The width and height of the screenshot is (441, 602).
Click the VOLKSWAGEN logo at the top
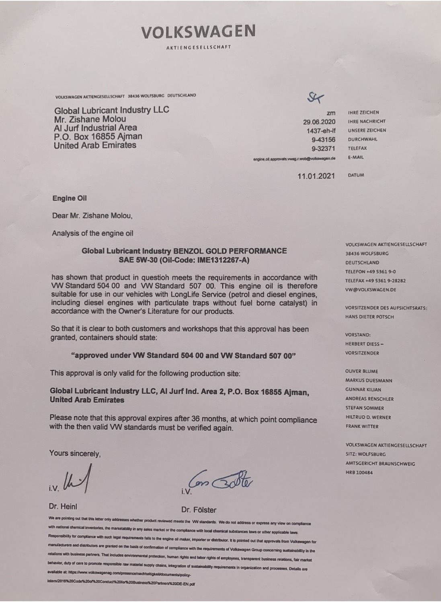[x=198, y=31]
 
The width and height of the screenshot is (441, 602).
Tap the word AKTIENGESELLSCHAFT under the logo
[x=198, y=47]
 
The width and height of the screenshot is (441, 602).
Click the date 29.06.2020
[x=319, y=122]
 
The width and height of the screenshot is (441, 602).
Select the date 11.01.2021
[x=316, y=176]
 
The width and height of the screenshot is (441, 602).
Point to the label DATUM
[x=356, y=175]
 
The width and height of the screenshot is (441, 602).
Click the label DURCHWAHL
[x=362, y=139]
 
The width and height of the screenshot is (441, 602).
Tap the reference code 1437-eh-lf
[x=320, y=130]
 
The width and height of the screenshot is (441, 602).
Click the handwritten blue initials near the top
[x=315, y=97]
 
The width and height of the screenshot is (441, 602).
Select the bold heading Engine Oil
[x=70, y=198]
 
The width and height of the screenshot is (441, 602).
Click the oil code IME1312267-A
[x=222, y=260]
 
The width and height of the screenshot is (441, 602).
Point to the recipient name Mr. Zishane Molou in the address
[x=90, y=119]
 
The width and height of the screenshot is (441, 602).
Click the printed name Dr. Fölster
[x=199, y=510]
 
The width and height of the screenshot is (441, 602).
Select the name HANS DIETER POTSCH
[x=369, y=317]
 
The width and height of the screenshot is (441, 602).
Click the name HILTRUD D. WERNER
[x=368, y=417]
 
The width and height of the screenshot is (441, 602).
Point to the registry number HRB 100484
[x=359, y=472]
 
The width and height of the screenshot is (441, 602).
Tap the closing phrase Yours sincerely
[x=75, y=454]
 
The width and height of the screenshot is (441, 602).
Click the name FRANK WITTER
[x=362, y=426]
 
